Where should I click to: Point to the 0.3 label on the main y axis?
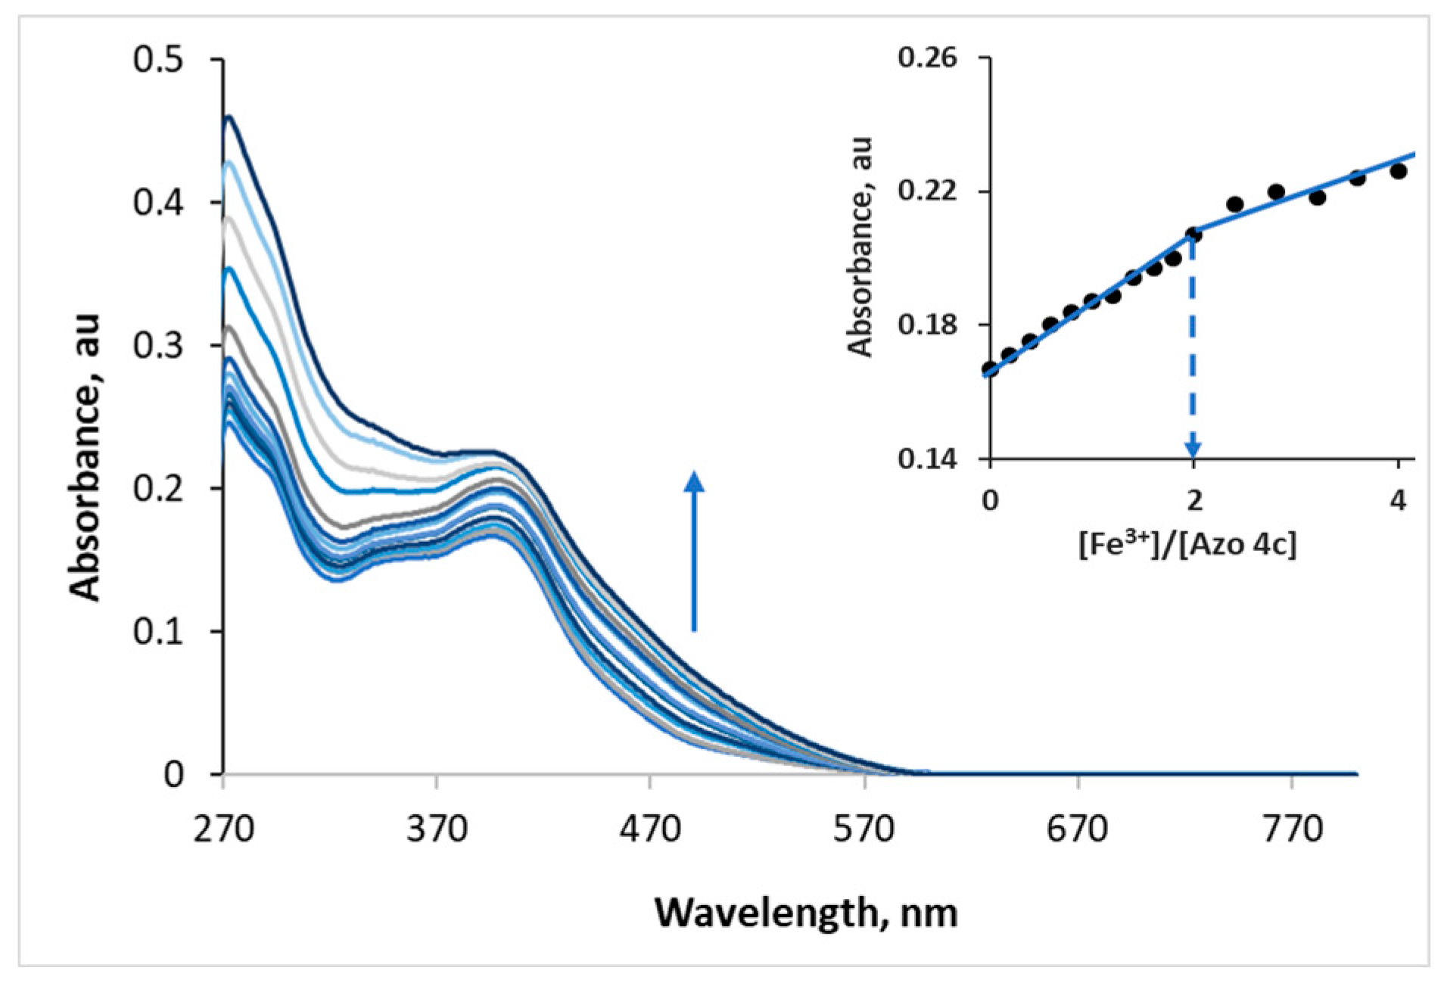click(x=158, y=345)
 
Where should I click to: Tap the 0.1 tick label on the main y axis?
click(x=158, y=631)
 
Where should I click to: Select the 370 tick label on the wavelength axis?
click(x=437, y=829)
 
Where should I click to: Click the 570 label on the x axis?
click(x=864, y=829)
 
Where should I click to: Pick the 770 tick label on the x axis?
click(x=1292, y=829)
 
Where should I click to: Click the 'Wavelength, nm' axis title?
click(x=805, y=912)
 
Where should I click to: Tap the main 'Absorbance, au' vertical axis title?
click(x=85, y=457)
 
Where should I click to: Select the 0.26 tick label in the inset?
click(x=927, y=58)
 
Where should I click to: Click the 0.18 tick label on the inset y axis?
click(x=927, y=325)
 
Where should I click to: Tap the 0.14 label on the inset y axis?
click(x=927, y=459)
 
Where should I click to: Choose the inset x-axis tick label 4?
click(x=1397, y=500)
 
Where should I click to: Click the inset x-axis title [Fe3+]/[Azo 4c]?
click(x=1187, y=544)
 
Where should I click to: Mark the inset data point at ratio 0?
click(x=990, y=369)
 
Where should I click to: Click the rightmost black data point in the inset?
click(x=1398, y=171)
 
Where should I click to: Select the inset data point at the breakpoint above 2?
click(x=1193, y=235)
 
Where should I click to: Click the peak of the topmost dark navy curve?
click(x=228, y=117)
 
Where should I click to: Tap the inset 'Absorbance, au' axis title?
click(x=860, y=247)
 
